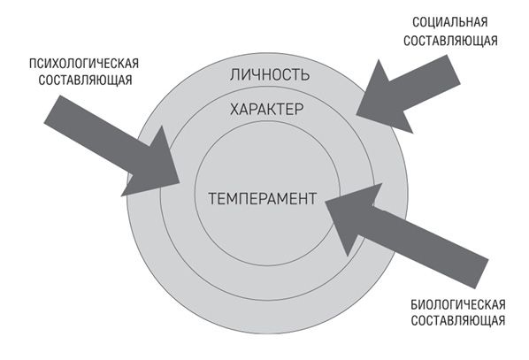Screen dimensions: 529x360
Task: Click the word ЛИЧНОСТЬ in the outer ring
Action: (x=269, y=74)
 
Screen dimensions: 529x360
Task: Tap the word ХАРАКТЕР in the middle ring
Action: (x=266, y=110)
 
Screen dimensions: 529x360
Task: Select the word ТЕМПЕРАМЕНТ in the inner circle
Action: (x=263, y=198)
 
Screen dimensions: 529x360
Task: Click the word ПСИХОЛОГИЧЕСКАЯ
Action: (x=84, y=64)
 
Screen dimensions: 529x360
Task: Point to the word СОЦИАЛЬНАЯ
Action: (x=450, y=22)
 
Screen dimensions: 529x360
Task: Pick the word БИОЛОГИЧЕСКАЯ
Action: (x=458, y=304)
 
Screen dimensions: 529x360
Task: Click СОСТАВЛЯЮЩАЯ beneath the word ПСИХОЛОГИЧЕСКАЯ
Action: (x=85, y=80)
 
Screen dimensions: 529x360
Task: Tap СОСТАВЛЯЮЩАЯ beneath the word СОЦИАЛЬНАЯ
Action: (x=450, y=41)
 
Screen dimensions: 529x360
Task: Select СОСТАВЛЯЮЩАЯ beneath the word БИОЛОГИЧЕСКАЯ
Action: (x=458, y=320)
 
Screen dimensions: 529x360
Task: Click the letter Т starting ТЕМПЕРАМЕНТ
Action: (x=212, y=198)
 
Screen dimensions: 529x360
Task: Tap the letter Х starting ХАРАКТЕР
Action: (x=234, y=110)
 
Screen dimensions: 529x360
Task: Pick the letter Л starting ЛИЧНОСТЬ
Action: (x=234, y=75)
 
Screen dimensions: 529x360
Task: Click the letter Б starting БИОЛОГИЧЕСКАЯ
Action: (x=414, y=305)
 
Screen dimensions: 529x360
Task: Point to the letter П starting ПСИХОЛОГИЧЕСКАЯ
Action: (x=33, y=64)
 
